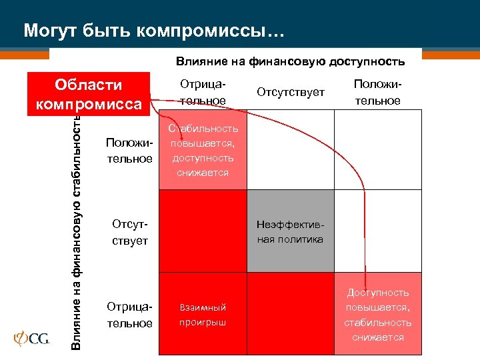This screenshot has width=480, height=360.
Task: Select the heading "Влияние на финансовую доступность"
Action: [290, 61]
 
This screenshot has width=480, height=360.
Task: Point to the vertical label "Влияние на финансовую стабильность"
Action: [77, 230]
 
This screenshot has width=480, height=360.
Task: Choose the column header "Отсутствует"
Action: [291, 92]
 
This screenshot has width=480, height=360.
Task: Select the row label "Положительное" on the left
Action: [129, 151]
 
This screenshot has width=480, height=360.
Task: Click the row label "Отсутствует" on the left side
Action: [129, 232]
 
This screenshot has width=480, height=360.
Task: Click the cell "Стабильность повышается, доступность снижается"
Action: [203, 150]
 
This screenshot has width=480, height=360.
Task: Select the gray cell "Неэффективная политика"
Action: [291, 231]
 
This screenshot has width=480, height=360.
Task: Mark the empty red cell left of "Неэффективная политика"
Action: [203, 231]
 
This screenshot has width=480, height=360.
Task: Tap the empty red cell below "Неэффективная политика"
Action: [291, 313]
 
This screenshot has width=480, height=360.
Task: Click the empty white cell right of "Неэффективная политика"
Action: [378, 231]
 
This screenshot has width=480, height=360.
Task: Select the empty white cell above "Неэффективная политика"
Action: [291, 150]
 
